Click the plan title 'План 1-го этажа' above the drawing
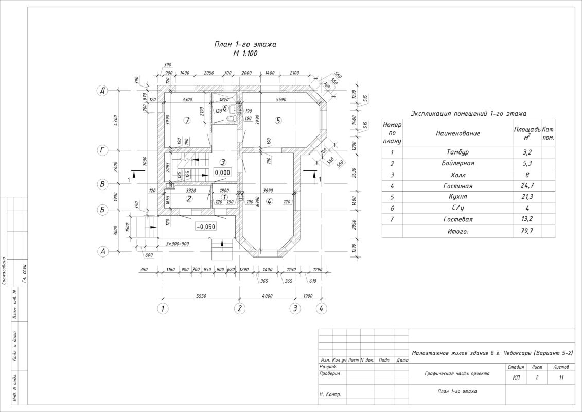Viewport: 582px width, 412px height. tap(245, 45)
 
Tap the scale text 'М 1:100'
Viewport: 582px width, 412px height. tap(245, 53)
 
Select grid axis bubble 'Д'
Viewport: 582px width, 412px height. tap(102, 91)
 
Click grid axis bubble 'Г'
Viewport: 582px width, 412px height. tap(102, 150)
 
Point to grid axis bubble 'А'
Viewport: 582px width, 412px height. tap(102, 251)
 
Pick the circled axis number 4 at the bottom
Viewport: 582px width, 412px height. tap(321, 309)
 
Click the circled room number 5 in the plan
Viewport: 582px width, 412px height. tap(278, 121)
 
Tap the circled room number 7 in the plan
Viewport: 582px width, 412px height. tap(187, 121)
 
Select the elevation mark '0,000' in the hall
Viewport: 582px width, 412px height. tap(222, 172)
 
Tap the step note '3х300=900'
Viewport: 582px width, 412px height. tap(178, 244)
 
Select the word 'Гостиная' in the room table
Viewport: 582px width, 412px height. tap(457, 186)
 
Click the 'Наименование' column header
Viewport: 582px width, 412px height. tap(457, 133)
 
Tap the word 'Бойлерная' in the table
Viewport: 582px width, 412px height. tap(457, 163)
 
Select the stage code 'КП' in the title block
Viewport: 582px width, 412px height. tap(516, 378)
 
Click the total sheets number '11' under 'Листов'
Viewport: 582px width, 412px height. tap(560, 378)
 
